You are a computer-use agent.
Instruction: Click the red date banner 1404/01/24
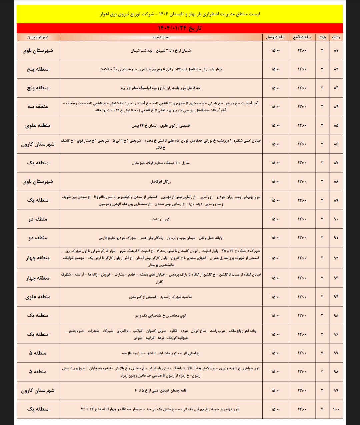pos(180,28)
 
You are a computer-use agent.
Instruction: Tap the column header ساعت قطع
pos(302,37)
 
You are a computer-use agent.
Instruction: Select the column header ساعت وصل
pos(275,37)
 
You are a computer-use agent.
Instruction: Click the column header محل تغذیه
pos(161,37)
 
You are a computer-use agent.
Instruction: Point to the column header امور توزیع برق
pos(38,37)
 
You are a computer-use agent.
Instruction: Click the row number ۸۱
pos(336,51)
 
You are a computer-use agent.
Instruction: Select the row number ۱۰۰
pos(336,409)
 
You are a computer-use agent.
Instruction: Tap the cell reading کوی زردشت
pos(161,219)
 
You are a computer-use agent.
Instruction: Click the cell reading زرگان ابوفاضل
pos(161,182)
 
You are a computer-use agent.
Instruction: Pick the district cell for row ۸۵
pos(38,126)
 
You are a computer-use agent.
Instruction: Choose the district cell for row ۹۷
pos(38,353)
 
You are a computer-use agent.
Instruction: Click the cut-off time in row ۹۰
pos(302,219)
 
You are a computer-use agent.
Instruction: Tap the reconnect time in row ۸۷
pos(275,163)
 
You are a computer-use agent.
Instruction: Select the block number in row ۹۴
pos(322,297)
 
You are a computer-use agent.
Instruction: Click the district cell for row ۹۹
pos(38,390)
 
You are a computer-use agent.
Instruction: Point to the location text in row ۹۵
pos(161,315)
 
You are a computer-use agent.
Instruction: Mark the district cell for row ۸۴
pos(38,107)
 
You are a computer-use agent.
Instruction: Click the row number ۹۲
pos(336,258)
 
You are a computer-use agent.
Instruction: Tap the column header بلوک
pos(322,37)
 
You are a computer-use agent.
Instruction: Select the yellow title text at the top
pos(180,14)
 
